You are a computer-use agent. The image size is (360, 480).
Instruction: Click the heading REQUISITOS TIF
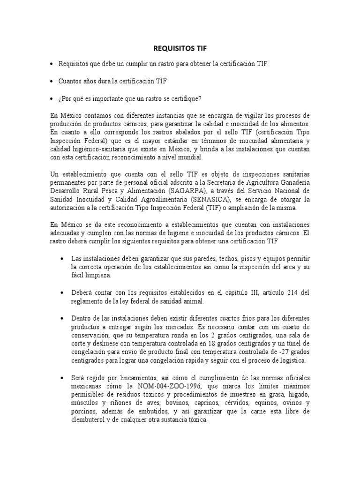[180, 48]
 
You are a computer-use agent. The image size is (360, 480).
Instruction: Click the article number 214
[291, 293]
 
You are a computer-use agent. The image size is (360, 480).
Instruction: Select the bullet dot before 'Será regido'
[62, 378]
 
